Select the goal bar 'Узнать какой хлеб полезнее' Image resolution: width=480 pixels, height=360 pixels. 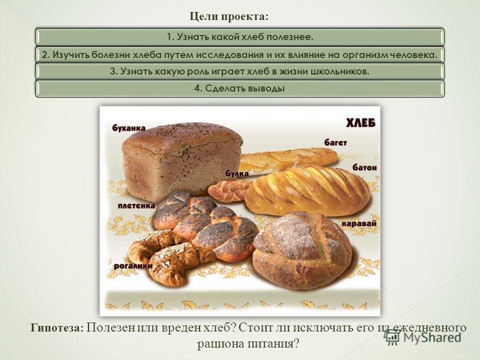coord(240,37)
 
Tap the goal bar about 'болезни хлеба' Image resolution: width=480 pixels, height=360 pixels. coord(240,55)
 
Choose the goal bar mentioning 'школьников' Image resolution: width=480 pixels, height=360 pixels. coord(240,71)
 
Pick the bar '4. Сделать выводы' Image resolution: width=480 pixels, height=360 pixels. coord(240,89)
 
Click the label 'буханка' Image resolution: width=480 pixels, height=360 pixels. coord(129,128)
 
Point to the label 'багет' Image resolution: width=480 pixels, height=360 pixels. coord(336,142)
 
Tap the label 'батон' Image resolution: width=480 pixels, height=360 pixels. coord(364,167)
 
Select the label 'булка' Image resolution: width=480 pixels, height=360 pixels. coord(237,173)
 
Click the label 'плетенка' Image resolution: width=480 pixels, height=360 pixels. coord(136,205)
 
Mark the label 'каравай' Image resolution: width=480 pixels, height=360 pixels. coord(359,223)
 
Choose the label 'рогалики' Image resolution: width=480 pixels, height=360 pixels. coord(133,266)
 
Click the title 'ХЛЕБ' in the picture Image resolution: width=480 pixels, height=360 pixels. coord(360,123)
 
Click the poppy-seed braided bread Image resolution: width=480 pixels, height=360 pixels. coord(205,224)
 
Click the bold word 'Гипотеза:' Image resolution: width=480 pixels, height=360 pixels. coord(56,328)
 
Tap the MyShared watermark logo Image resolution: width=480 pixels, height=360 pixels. coord(423,337)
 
